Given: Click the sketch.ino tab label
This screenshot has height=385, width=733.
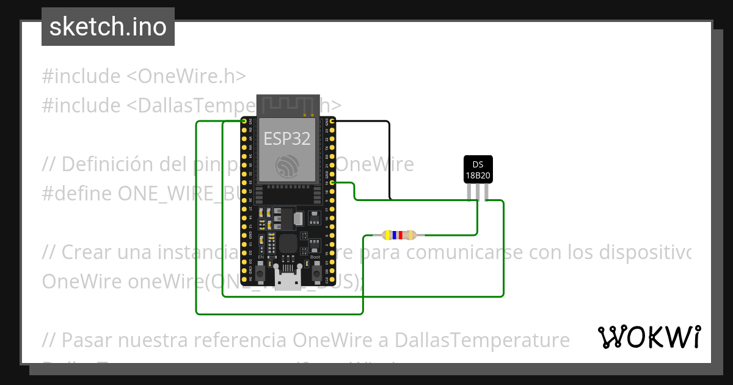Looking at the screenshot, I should click(108, 28).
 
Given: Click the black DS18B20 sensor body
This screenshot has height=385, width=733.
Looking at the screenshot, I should click(478, 169).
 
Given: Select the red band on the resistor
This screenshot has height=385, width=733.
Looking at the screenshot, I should click(401, 235).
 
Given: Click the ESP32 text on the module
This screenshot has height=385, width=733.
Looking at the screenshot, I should click(286, 138).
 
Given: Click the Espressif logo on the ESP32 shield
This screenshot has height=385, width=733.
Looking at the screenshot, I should click(286, 166).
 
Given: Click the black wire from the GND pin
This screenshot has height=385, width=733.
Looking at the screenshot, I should click(389, 159).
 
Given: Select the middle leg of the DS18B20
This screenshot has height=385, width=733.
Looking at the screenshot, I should click(478, 192).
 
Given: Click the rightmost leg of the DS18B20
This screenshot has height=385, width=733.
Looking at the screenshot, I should click(486, 192).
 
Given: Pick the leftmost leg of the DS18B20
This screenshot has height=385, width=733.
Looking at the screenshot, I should click(470, 192).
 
